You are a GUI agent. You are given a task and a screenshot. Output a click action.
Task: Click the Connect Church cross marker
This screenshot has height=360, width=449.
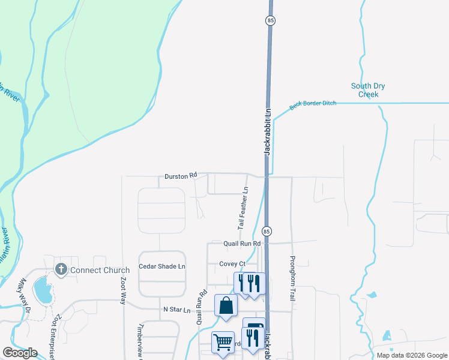point(60,269)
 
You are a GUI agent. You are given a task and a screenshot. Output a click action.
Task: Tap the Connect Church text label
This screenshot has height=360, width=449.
point(100,270)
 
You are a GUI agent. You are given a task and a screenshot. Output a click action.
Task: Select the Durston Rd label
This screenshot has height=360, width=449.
point(181,176)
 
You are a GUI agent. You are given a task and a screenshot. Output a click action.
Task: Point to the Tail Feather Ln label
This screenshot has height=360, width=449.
point(243,208)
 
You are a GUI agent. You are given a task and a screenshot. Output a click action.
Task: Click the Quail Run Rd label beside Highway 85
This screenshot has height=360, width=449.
point(243,244)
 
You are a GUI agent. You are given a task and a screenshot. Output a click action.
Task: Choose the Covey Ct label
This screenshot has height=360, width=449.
point(233,263)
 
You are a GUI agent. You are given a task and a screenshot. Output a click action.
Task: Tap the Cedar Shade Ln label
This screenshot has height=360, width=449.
point(162,266)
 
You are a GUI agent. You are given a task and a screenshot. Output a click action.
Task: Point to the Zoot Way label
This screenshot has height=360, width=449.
point(122,293)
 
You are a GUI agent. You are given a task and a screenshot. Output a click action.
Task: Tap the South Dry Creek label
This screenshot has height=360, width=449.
point(368,90)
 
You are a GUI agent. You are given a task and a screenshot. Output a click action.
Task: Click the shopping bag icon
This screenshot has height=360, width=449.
point(225,305)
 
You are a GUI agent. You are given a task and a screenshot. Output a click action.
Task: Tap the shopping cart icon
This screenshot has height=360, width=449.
point(223,342)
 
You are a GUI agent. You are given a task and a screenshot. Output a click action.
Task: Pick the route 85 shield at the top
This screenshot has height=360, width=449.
point(270,20)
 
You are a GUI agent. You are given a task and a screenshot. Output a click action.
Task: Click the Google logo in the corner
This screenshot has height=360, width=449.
point(20,353)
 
